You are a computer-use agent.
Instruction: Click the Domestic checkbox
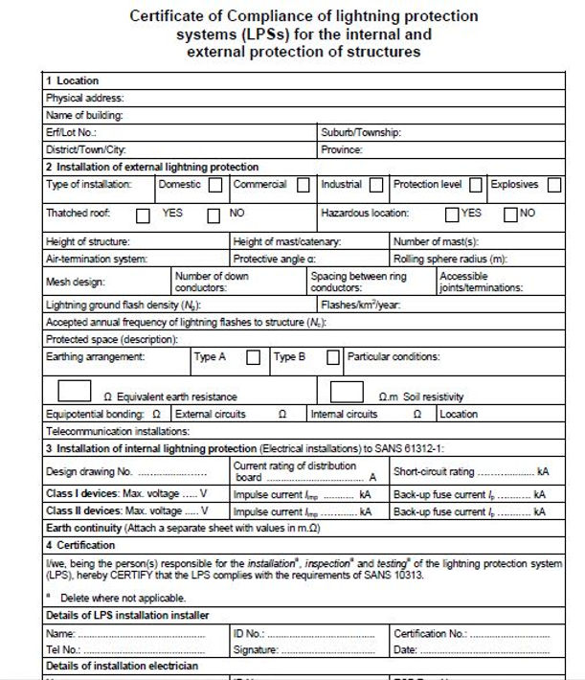pyautogui.click(x=215, y=185)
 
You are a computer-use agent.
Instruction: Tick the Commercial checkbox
pyautogui.click(x=303, y=185)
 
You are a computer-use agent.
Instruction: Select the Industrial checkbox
pyautogui.click(x=376, y=185)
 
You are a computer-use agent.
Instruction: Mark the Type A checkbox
pyautogui.click(x=253, y=358)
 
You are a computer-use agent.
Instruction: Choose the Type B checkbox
pyautogui.click(x=333, y=358)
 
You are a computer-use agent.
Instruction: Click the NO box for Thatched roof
pyautogui.click(x=214, y=215)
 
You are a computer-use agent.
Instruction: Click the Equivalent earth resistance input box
pyautogui.click(x=76, y=391)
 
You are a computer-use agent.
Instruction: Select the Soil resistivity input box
pyautogui.click(x=347, y=391)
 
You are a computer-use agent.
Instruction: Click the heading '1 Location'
pyautogui.click(x=72, y=80)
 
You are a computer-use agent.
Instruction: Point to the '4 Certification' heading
pyautogui.click(x=80, y=545)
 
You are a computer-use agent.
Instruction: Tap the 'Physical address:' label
pyautogui.click(x=84, y=98)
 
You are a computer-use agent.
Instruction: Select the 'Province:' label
pyautogui.click(x=342, y=149)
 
